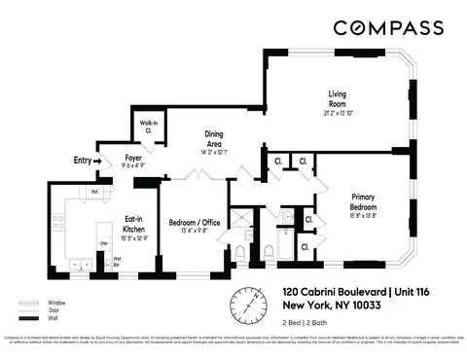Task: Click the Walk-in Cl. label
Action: [146, 127]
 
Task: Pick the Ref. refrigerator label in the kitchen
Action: [95, 193]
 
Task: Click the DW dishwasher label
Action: [103, 244]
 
